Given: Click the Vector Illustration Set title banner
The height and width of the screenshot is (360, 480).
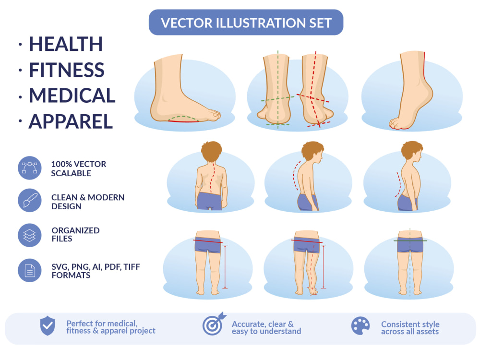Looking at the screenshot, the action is pyautogui.click(x=246, y=23).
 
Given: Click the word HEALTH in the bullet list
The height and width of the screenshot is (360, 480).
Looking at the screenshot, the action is pyautogui.click(x=66, y=44).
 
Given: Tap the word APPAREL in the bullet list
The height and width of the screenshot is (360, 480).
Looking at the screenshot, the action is pyautogui.click(x=71, y=121).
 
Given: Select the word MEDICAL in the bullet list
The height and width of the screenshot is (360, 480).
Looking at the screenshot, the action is pyautogui.click(x=72, y=96).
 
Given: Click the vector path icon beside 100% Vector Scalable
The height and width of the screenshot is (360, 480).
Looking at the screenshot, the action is pyautogui.click(x=30, y=168).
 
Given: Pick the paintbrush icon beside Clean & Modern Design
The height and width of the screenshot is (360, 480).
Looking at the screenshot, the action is pyautogui.click(x=30, y=201).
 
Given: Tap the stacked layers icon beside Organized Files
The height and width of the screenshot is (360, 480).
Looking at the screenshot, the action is pyautogui.click(x=30, y=235).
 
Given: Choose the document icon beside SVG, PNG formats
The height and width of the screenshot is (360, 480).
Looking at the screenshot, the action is pyautogui.click(x=30, y=270).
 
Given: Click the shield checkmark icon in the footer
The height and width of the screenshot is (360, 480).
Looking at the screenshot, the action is pyautogui.click(x=48, y=326).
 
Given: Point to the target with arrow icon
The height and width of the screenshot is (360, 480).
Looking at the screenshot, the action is pyautogui.click(x=214, y=324).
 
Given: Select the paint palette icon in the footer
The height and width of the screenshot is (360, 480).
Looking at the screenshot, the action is pyautogui.click(x=360, y=326).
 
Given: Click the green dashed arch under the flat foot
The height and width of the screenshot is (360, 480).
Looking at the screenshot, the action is pyautogui.click(x=183, y=117).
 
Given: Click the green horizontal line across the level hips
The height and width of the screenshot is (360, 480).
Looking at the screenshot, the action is pyautogui.click(x=410, y=241).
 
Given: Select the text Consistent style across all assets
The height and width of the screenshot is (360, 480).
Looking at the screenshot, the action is pyautogui.click(x=410, y=328).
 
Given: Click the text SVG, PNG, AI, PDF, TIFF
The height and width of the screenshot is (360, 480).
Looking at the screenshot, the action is pyautogui.click(x=96, y=267).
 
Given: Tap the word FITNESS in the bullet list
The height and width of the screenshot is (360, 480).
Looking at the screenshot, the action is pyautogui.click(x=67, y=70).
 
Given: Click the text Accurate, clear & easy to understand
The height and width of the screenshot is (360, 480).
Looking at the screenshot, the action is pyautogui.click(x=266, y=327).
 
